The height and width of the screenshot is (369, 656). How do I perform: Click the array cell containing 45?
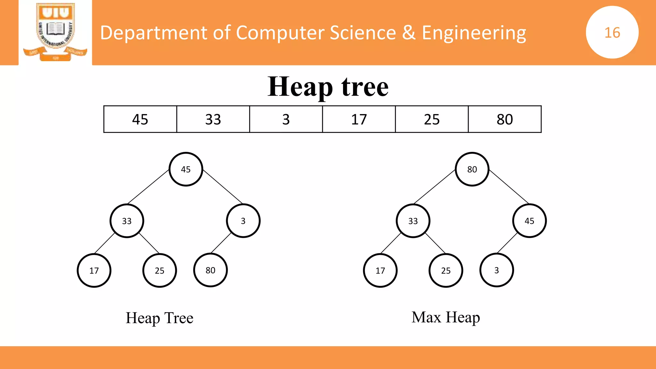pos(140,119)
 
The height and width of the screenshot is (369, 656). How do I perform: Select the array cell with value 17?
pos(359,119)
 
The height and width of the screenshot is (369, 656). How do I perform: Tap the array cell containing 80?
pos(504,119)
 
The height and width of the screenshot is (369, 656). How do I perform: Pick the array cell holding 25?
pos(431,119)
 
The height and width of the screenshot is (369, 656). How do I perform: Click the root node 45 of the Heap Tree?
pos(186,169)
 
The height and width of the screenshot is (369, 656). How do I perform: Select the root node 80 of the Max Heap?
pos(472,169)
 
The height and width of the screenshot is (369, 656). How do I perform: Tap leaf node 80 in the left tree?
pos(210,270)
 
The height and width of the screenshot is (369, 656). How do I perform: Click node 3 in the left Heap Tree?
pos(243,221)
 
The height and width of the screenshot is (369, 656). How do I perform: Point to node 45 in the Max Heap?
pos(529,221)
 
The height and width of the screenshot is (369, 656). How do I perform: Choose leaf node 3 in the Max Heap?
pos(496,270)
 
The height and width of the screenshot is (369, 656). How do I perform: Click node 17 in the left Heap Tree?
pos(94,270)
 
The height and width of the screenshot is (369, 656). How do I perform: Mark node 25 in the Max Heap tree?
pos(446,270)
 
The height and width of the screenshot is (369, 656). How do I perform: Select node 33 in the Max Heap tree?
pos(413,221)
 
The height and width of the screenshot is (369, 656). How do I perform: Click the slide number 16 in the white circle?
pos(612,32)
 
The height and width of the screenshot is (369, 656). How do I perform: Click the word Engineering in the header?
pos(474,33)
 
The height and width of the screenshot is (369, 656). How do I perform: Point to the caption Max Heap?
pos(446,317)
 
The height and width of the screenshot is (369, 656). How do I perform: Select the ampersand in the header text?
pos(409,33)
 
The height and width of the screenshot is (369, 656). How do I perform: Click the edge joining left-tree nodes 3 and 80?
pos(221,243)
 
